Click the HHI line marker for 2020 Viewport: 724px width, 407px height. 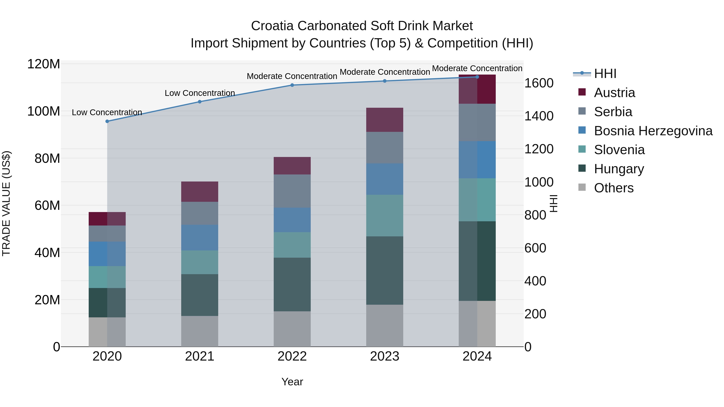tap(107, 121)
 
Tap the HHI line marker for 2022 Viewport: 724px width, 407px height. tap(292, 85)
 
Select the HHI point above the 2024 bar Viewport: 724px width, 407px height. tap(477, 77)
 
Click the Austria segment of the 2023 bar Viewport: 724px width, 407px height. tap(385, 120)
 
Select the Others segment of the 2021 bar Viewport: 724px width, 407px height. tap(200, 331)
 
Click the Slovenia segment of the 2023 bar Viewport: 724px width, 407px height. tap(385, 215)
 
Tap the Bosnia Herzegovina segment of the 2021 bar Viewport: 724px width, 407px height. tap(200, 237)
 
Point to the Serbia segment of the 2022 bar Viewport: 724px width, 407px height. tap(292, 191)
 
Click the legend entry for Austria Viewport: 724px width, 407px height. tap(614, 93)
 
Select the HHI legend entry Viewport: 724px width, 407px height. tap(605, 74)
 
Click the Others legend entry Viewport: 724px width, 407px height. tap(614, 188)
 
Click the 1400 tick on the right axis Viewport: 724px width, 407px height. tap(539, 116)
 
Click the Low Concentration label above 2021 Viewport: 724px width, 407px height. tap(200, 93)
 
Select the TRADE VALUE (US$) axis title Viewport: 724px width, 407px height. tap(6, 203)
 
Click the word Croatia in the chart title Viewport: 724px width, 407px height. tap(272, 26)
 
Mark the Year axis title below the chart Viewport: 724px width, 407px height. tap(292, 382)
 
